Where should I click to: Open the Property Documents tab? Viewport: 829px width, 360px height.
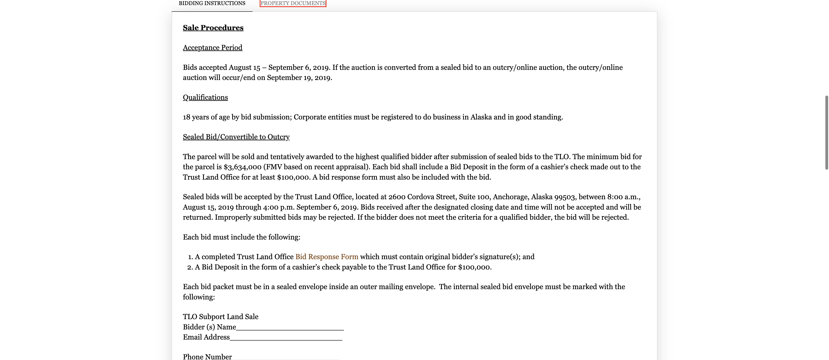293,3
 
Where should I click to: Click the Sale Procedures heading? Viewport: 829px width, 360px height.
213,28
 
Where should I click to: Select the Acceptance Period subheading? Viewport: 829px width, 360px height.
212,48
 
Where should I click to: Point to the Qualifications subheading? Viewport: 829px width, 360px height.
205,98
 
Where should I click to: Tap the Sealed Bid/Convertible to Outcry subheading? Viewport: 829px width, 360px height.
236,137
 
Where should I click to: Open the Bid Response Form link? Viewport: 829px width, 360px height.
327,257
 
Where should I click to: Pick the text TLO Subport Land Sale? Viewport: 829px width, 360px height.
220,316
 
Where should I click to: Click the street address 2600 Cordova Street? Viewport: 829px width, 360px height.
422,197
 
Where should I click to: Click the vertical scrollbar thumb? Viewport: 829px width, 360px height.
826,132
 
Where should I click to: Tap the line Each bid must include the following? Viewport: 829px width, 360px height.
241,237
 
